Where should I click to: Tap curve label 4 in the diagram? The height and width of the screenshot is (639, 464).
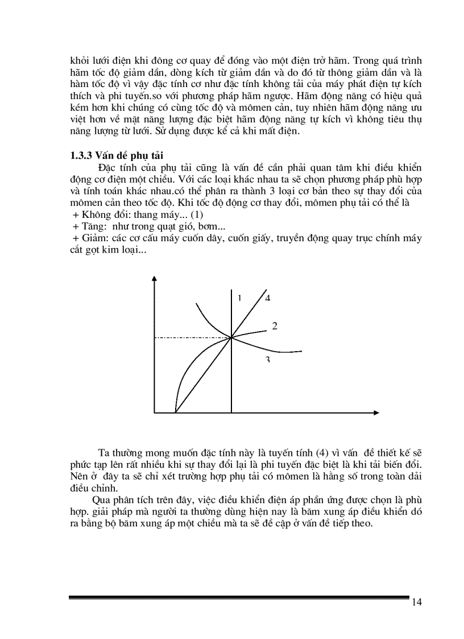(267, 298)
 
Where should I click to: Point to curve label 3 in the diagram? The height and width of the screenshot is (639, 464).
(267, 360)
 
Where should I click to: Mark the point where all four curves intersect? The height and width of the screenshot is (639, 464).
(231, 337)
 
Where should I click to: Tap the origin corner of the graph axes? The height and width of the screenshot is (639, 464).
(154, 411)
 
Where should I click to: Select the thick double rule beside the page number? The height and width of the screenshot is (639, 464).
(239, 597)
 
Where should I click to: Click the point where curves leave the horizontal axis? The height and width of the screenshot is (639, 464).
(175, 411)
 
